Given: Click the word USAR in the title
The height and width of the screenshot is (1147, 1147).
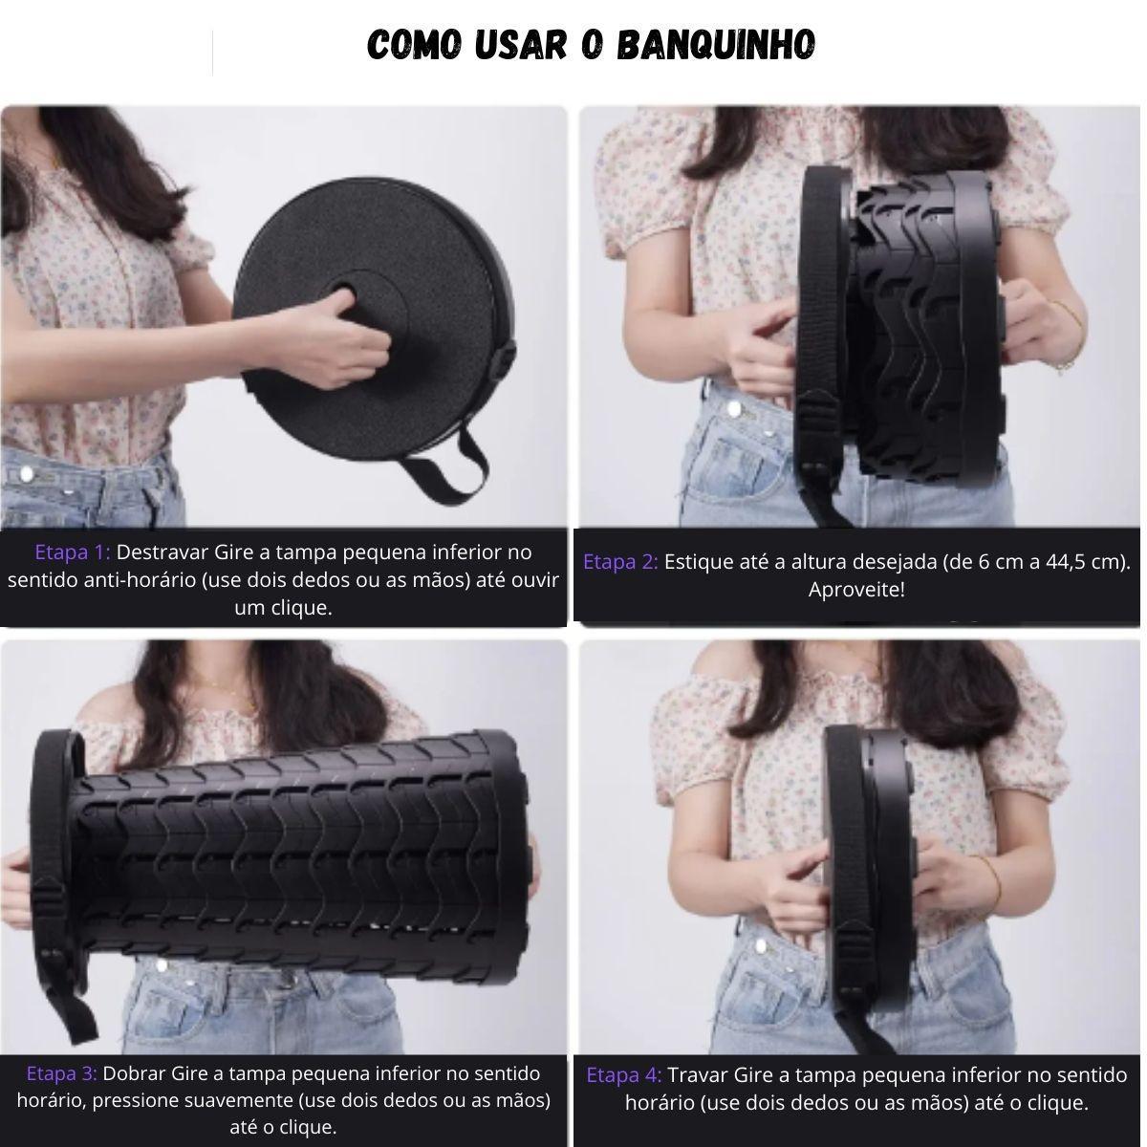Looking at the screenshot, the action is tap(521, 45).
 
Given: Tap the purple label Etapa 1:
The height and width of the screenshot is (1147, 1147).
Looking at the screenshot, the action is tap(73, 552).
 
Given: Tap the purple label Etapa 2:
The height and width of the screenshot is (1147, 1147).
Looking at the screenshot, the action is tap(620, 562).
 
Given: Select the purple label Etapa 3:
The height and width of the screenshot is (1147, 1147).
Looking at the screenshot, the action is tap(62, 1073).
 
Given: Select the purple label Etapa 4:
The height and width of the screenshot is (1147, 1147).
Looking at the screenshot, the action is tap(624, 1075).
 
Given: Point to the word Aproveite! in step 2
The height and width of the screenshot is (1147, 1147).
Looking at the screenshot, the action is tap(856, 590).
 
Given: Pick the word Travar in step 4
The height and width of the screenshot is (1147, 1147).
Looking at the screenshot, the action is tap(698, 1075).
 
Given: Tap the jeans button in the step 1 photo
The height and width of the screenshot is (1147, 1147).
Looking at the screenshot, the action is tap(26, 474).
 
